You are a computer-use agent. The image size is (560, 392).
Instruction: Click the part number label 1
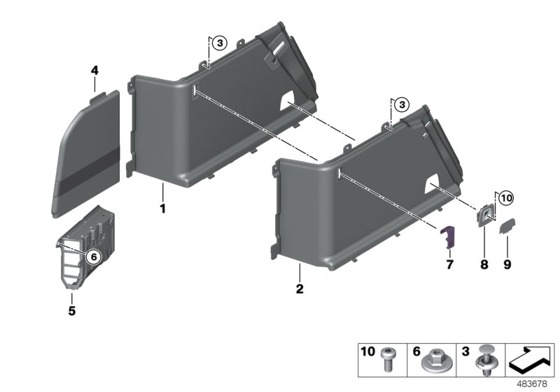[162, 209]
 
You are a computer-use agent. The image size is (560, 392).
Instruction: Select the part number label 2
[299, 288]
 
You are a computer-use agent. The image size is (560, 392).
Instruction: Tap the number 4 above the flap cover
[94, 70]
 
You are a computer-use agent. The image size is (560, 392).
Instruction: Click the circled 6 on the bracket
[92, 257]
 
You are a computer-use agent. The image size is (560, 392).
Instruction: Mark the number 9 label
[507, 264]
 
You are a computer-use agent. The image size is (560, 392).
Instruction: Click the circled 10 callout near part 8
[506, 199]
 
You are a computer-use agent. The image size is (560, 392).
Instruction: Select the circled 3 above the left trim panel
[220, 43]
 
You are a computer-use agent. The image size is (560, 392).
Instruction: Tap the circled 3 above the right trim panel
[400, 105]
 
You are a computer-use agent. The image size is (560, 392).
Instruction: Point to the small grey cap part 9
[507, 225]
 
